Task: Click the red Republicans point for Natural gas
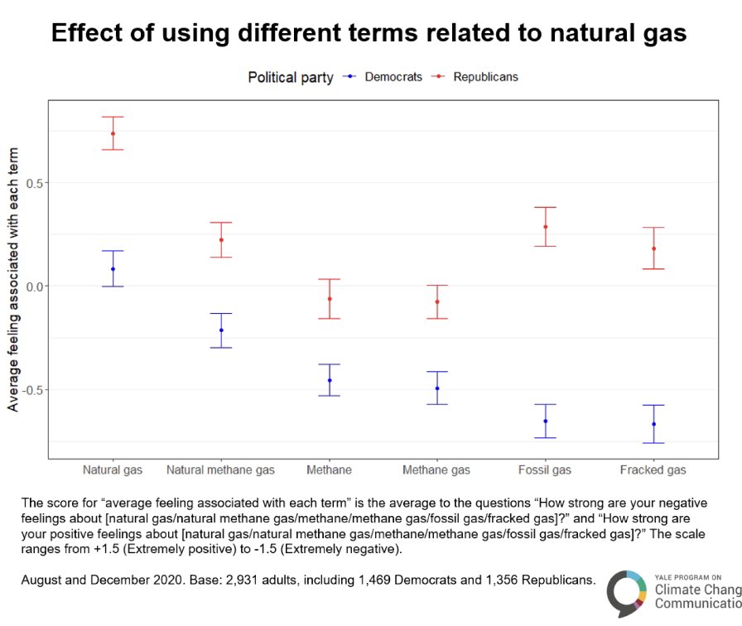coord(113,133)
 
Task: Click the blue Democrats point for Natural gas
coord(113,269)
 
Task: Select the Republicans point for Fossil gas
coord(545,227)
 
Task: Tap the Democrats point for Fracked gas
coord(653,424)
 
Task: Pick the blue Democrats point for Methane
coord(329,380)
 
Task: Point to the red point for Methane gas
coord(436,301)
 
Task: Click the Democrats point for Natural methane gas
coord(221,330)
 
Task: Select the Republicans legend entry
coord(485,77)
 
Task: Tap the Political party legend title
coord(291,77)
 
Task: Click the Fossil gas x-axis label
coord(545,470)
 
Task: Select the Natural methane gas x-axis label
coord(220,470)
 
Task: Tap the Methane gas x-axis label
coord(436,470)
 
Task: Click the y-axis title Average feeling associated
coord(13,280)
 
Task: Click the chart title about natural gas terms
coord(369,33)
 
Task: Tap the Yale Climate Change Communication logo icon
coord(627,593)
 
